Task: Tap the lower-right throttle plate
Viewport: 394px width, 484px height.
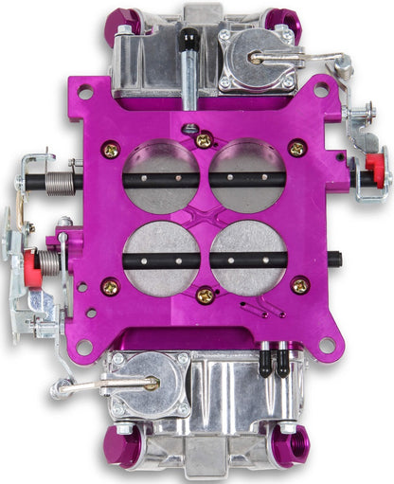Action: [248, 258]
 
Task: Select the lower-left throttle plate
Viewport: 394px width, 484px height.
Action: [160, 258]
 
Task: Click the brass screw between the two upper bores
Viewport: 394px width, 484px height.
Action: [204, 140]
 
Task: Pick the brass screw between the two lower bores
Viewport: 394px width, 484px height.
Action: [205, 296]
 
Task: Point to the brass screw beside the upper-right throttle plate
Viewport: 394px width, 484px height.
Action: [297, 148]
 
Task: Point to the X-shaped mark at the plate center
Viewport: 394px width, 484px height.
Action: [205, 217]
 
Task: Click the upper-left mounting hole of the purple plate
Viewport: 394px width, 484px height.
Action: [86, 94]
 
